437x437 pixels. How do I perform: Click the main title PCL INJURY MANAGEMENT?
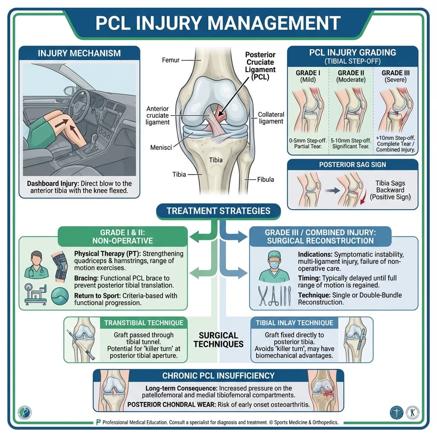point(218,23)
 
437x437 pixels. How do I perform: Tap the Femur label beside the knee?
point(171,61)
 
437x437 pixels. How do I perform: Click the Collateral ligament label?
point(271,118)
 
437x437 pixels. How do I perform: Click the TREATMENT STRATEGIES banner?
point(218,211)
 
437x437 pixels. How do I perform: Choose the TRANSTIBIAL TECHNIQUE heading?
point(143,323)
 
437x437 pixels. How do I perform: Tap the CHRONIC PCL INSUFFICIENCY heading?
point(218,376)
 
